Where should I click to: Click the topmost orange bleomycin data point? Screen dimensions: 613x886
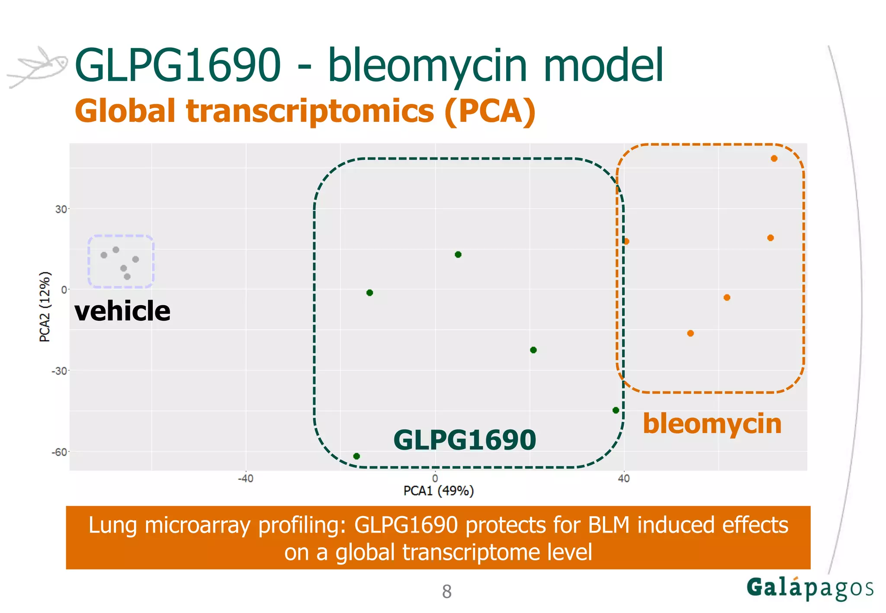(774, 159)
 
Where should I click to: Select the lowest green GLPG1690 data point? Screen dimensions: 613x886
(356, 456)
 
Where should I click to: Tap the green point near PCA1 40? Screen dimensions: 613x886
(616, 410)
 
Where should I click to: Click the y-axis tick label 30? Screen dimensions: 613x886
(61, 209)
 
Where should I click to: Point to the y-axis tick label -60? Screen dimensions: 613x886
(59, 452)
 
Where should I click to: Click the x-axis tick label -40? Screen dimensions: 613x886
(245, 479)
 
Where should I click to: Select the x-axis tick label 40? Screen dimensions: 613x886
(623, 479)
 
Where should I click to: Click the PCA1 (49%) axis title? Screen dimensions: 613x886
(438, 491)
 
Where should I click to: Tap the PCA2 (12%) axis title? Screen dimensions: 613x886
(45, 307)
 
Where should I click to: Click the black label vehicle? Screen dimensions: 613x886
(122, 311)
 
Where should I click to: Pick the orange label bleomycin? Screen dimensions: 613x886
(712, 424)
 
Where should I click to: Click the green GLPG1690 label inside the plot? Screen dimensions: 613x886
(465, 440)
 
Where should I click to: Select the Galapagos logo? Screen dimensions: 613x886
(809, 588)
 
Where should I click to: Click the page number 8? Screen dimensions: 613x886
(446, 592)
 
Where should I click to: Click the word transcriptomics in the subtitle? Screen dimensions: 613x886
(310, 112)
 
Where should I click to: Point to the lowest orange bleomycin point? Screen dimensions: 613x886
(690, 333)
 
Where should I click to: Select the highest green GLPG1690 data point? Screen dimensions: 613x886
(458, 255)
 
